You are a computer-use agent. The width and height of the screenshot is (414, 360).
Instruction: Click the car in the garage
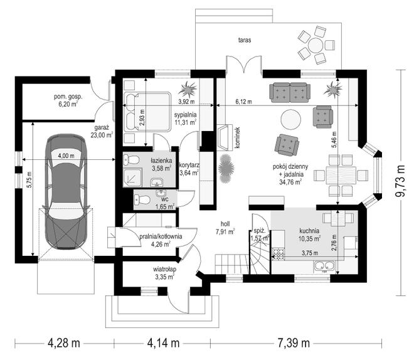[x=66, y=192]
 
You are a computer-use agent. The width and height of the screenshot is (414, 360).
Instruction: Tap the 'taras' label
[x=245, y=40]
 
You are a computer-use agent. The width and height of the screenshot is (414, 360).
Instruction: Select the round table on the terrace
[x=316, y=45]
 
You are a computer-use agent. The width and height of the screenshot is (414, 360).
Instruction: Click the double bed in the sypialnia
[x=147, y=112]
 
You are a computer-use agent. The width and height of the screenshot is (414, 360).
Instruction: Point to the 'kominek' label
[x=237, y=137]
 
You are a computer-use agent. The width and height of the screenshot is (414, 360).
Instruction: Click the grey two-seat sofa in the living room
[x=290, y=92]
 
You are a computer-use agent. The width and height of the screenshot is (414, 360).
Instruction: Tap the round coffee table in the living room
[x=290, y=119]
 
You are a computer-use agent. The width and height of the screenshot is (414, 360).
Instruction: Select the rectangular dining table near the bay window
[x=341, y=175]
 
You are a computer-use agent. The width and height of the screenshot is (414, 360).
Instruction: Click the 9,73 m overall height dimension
[x=401, y=181]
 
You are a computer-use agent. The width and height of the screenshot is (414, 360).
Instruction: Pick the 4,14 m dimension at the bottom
[x=163, y=343]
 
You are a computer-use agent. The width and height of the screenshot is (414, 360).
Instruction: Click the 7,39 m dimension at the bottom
[x=294, y=343]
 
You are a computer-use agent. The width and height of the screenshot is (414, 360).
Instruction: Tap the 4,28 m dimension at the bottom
[x=63, y=343]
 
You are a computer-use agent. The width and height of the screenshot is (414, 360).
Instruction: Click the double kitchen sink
[x=324, y=266]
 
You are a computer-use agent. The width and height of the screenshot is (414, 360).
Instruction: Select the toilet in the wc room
[x=142, y=200]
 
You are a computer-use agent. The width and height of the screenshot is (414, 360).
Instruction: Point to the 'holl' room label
[x=225, y=224]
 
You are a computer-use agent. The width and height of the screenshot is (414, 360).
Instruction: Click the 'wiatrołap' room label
[x=164, y=270]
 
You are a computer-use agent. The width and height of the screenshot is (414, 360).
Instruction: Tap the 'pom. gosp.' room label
[x=68, y=97]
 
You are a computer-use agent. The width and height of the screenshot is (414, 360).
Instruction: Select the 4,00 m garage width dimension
[x=66, y=156]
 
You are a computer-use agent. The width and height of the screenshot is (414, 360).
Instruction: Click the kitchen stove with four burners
[x=278, y=254]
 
